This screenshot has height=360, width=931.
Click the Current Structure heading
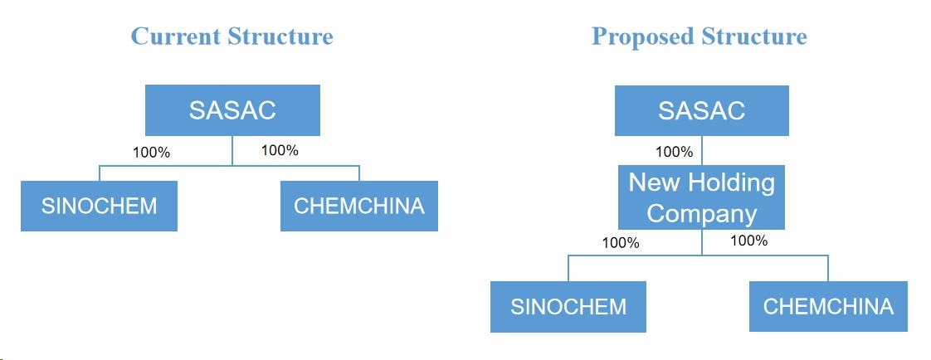[x=232, y=36]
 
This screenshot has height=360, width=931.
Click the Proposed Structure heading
[x=699, y=36]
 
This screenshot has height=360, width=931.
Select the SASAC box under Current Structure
[x=232, y=110]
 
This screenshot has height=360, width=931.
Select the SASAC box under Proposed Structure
[x=702, y=110]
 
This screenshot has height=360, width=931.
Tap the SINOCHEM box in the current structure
[x=99, y=206]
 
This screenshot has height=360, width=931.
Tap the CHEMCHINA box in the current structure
[x=359, y=206]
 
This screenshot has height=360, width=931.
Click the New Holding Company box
[x=701, y=197]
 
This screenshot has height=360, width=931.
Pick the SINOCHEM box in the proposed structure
[x=568, y=307]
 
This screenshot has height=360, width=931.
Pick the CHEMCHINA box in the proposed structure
[x=828, y=306]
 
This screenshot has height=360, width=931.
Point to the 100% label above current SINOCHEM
[x=151, y=153]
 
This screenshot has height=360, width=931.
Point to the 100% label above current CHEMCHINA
[x=280, y=150]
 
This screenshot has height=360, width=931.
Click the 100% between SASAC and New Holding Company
[x=675, y=152]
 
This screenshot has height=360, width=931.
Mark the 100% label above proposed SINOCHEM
[x=621, y=242]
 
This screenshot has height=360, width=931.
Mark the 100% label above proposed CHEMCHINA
[x=748, y=241]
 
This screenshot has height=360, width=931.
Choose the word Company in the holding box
[x=702, y=214]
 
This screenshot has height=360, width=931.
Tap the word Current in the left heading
[x=174, y=36]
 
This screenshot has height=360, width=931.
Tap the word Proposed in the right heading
[x=642, y=36]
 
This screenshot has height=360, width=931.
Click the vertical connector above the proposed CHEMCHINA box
[x=828, y=268]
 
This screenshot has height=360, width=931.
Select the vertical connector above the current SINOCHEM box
[x=99, y=173]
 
